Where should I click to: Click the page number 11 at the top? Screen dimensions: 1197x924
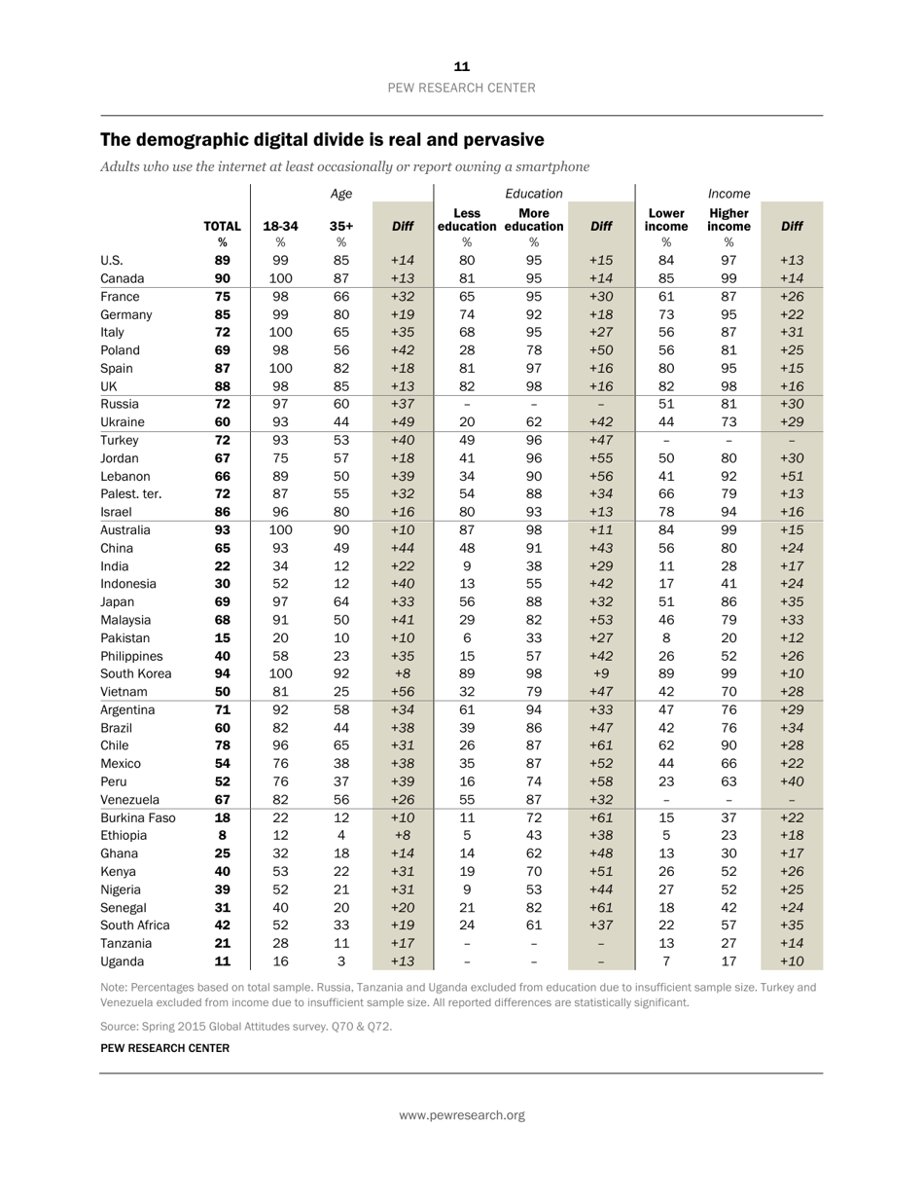[x=462, y=66]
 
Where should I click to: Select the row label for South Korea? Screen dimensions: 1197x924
[x=135, y=673]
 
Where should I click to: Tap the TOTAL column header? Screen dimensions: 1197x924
[x=222, y=226]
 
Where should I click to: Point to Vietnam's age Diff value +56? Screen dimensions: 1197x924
[x=403, y=692]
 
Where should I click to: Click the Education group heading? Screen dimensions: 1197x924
[x=534, y=194]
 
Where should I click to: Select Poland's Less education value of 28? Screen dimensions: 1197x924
[x=467, y=350]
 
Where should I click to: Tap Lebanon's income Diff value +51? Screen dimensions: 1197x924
[x=792, y=476]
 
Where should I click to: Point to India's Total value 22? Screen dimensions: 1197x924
[x=222, y=566]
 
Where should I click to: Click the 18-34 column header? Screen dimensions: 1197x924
[x=280, y=226]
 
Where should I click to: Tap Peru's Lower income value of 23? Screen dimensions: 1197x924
[x=666, y=781]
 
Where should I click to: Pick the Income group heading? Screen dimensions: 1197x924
[x=729, y=194]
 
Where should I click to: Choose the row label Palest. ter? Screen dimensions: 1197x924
[x=130, y=494]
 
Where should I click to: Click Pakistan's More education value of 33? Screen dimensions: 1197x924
[x=534, y=638]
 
